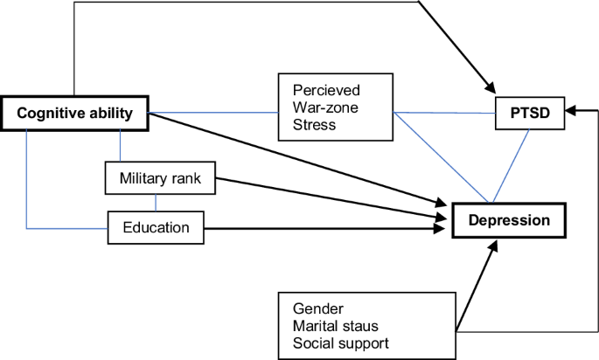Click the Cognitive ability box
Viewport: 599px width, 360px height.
click(74, 113)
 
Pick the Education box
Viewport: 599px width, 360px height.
click(156, 228)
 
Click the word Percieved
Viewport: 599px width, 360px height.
click(326, 90)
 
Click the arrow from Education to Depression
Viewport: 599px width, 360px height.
click(324, 229)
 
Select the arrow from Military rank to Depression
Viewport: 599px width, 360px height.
click(332, 197)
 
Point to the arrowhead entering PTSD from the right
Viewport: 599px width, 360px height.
click(570, 111)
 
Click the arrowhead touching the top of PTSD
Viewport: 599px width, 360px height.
click(490, 90)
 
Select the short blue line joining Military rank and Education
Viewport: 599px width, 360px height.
click(157, 202)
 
